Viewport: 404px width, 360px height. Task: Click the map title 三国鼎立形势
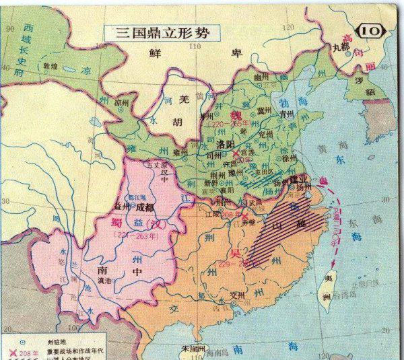(x=156, y=31)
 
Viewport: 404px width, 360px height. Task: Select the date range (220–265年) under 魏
(x=228, y=124)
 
